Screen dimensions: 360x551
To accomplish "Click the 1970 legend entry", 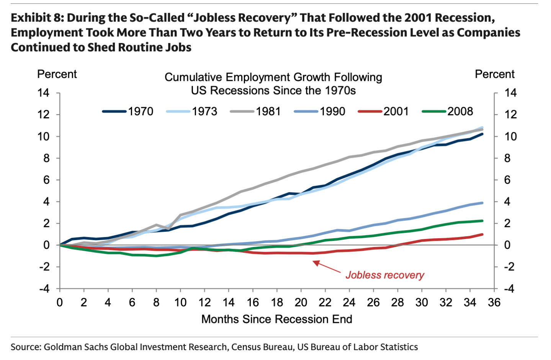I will pos(128,111).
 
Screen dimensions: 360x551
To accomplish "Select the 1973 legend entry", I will pos(192,111).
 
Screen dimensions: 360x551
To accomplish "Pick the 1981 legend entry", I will pos(256,111).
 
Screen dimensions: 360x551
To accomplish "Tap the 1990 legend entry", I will pos(320,111).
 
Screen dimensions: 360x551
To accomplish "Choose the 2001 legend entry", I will pos(383,111).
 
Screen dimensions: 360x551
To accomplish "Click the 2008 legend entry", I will pos(447,111).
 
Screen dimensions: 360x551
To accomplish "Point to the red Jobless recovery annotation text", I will pos(384,275).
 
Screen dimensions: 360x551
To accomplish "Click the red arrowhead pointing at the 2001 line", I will pos(316,263).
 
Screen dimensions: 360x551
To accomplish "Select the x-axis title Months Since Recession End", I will pos(276,319).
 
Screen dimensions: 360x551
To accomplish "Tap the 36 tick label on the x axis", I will pos(494,303).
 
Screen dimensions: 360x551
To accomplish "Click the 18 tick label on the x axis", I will pos(277,303).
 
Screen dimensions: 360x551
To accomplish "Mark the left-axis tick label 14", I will pos(43,93).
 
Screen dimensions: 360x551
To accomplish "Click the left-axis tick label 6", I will pos(46,180).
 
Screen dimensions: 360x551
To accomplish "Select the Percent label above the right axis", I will pos(494,74).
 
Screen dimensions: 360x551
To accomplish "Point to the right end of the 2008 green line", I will pos(482,221).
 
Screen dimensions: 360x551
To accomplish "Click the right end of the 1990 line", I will pos(482,203).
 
